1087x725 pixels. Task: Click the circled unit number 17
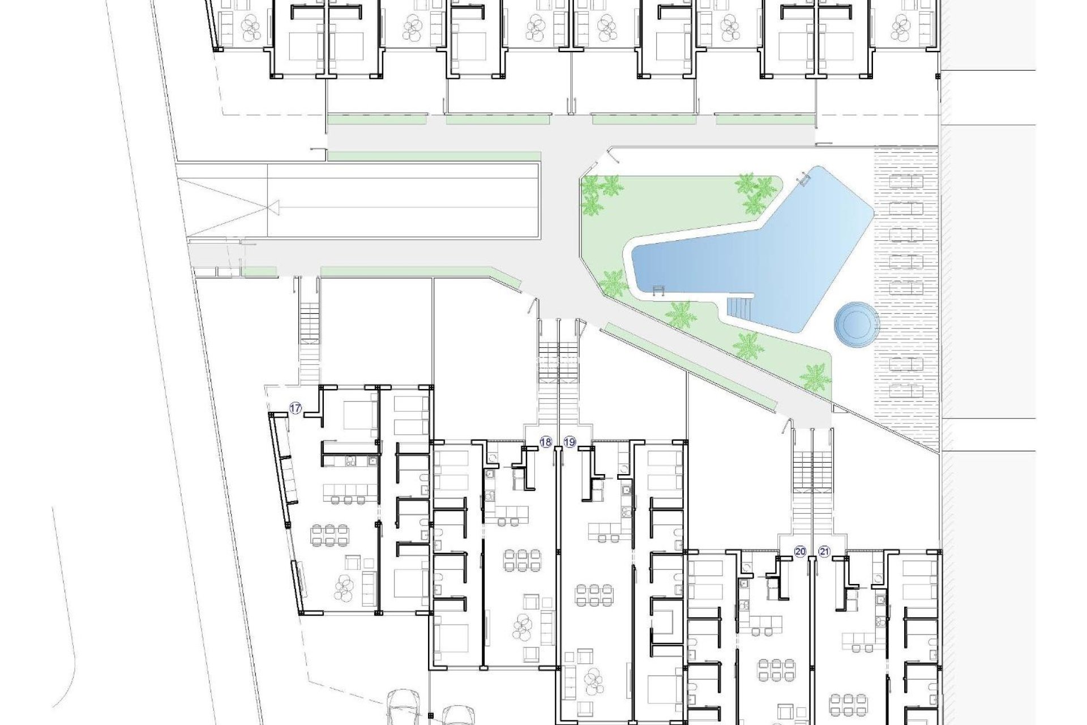tap(296, 408)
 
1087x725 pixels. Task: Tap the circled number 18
tap(546, 442)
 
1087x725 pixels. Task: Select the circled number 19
tap(570, 442)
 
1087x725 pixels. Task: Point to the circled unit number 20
tap(800, 552)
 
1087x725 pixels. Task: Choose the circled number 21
tap(824, 552)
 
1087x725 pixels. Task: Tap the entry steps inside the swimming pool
tap(739, 308)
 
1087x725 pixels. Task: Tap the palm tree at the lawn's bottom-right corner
tap(816, 375)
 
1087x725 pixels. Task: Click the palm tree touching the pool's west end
tap(613, 283)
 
